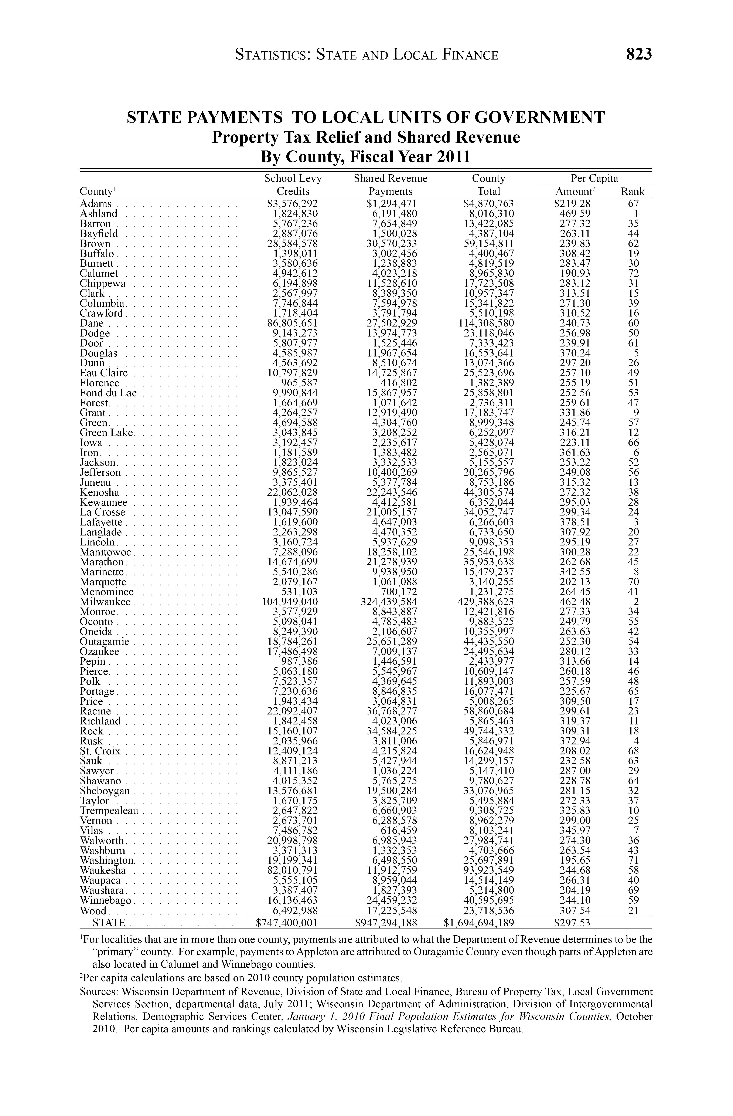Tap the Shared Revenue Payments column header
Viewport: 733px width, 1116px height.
click(x=391, y=185)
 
